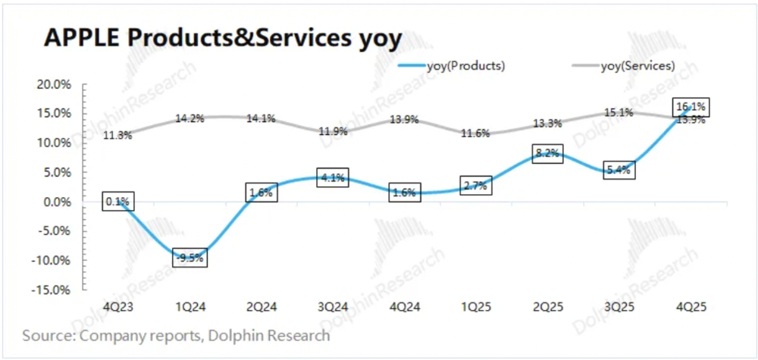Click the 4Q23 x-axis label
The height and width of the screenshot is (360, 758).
(x=117, y=306)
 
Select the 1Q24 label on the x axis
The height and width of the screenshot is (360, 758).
(x=190, y=306)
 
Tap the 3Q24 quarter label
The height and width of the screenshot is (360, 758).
(x=334, y=306)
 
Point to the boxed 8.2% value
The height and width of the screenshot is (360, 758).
(x=549, y=153)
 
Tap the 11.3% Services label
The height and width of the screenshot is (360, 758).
(x=118, y=135)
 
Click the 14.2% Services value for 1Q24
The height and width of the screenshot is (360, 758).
(x=190, y=118)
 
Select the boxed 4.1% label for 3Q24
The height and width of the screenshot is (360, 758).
(x=334, y=178)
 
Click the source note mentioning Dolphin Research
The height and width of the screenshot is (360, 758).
(x=176, y=335)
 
